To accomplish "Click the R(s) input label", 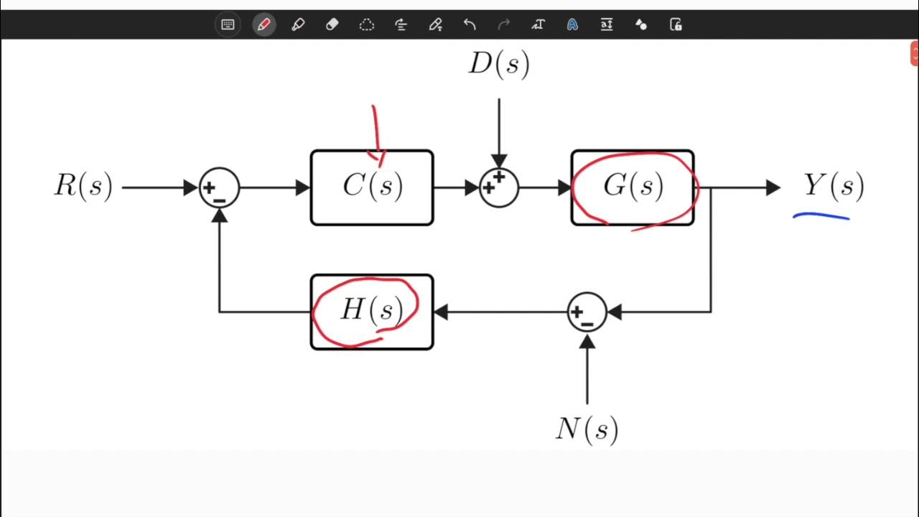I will tap(83, 187).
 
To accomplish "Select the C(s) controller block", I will tap(372, 187).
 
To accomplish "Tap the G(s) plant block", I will tap(633, 187).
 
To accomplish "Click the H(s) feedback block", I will tap(372, 312).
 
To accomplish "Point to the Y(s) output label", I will tap(833, 187).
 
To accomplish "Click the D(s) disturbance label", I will tap(499, 65).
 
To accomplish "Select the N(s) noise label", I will tap(587, 429).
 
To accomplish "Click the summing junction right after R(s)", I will tap(219, 188).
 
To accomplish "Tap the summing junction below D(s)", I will tap(499, 188).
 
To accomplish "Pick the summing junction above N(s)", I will tap(587, 312).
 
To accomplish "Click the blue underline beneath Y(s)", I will tap(821, 215).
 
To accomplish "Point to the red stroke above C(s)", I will tap(375, 133).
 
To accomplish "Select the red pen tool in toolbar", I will tap(263, 24).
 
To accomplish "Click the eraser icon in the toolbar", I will tap(332, 24).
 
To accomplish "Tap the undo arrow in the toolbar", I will tap(470, 24).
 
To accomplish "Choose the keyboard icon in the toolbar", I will tap(228, 24).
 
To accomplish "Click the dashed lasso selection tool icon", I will tap(366, 24).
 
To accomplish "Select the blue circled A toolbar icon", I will tap(572, 24).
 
